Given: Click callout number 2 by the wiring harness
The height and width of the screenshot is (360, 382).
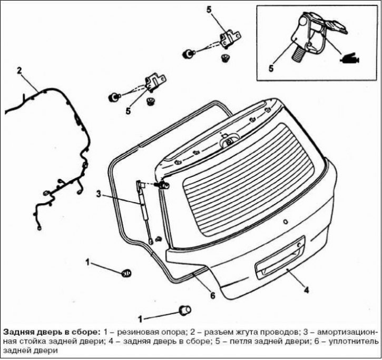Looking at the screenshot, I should pyautogui.click(x=19, y=70).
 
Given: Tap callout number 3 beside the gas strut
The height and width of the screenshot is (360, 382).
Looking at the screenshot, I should pyautogui.click(x=97, y=193).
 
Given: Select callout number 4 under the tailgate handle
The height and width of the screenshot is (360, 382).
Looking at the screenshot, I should pyautogui.click(x=306, y=289).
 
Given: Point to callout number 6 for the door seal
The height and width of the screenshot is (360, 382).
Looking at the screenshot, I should pyautogui.click(x=212, y=295).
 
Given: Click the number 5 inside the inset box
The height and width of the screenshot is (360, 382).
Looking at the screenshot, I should pyautogui.click(x=271, y=68).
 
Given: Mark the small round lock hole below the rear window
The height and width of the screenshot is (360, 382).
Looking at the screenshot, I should pyautogui.click(x=286, y=222).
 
